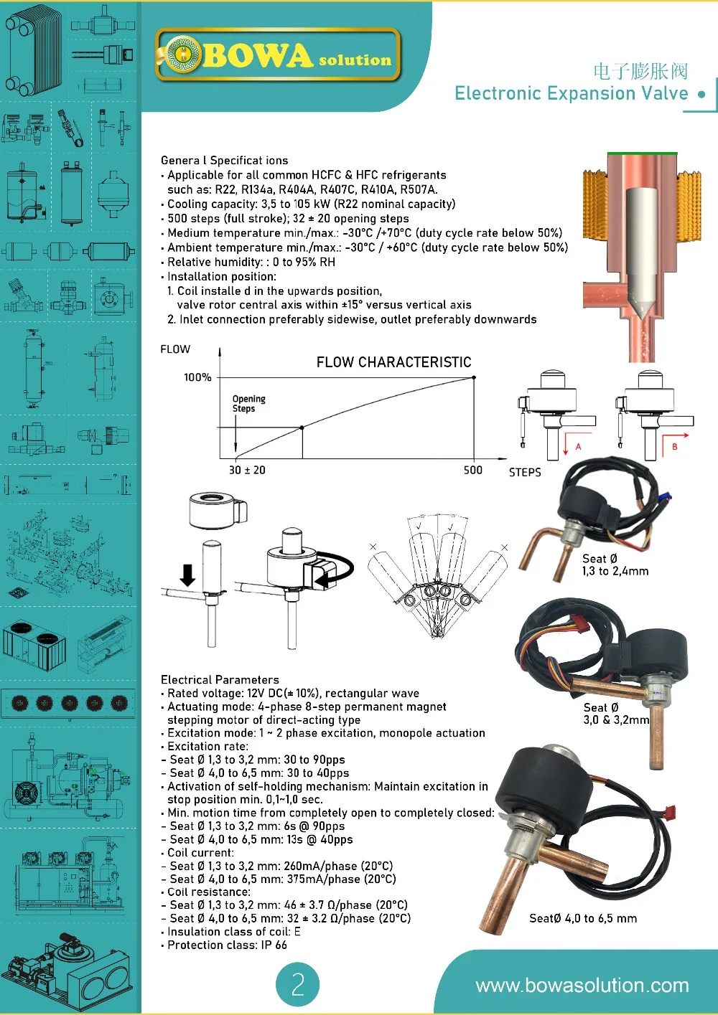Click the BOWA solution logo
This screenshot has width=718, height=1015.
277,55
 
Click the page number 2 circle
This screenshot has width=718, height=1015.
297,984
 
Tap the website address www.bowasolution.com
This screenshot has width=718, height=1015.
582,986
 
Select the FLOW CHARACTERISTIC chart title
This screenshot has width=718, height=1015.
393,362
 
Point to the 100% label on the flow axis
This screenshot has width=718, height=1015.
197,377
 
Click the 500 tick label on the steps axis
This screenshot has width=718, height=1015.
473,470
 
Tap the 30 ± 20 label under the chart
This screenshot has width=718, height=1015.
247,470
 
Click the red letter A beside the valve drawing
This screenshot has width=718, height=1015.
578,447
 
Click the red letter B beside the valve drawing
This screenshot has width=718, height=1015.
674,447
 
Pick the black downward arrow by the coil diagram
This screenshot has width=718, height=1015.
187,575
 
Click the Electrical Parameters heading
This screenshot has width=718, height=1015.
220,679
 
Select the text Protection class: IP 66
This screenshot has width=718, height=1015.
227,945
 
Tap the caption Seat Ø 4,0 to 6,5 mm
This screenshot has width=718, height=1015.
583,918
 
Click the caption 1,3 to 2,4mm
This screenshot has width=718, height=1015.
615,571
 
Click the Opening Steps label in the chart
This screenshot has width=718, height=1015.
248,403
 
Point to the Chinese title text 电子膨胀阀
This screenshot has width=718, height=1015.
640,71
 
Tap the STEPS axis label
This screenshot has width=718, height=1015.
525,472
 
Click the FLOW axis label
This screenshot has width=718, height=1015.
175,349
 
